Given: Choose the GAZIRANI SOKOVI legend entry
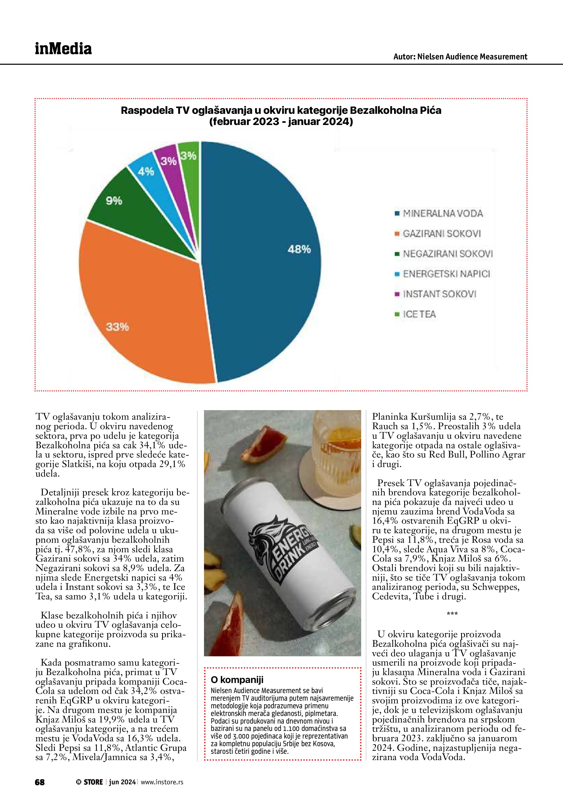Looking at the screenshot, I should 441,233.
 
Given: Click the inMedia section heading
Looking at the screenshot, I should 63,49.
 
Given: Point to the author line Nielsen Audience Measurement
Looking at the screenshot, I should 460,57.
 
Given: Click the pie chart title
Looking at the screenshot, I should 281,116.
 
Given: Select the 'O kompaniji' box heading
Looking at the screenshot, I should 237,679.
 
